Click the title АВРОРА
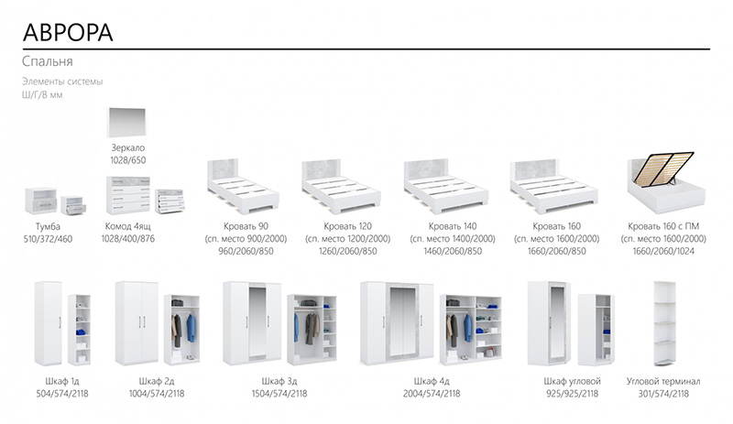point(68,33)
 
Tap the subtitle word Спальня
point(48,61)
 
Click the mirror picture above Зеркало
point(126,122)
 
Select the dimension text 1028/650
point(128,160)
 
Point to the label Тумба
point(48,227)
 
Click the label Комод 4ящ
point(127,227)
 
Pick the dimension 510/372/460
point(49,239)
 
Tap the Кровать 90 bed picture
point(243,186)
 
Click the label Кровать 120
point(348,226)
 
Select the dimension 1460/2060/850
point(453,252)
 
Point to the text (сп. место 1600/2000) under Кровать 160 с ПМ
point(663,239)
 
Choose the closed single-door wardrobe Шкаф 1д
point(48,323)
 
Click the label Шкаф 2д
point(157,382)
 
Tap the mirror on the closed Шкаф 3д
point(257,322)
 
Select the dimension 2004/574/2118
point(432,394)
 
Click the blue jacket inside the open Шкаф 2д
point(191,328)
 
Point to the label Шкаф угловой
point(572,382)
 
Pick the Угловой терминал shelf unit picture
point(665,323)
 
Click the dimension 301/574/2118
point(663,394)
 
